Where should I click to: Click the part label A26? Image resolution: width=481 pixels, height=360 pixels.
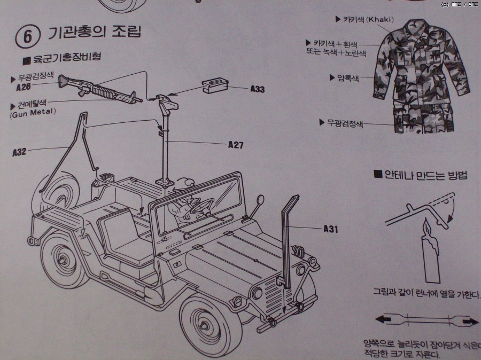[22, 87]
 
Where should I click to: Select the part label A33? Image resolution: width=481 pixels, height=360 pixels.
[257, 89]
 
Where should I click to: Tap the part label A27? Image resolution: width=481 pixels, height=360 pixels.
[236, 144]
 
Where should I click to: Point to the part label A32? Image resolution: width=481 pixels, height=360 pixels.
[20, 152]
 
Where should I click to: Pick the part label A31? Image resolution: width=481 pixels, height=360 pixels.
[331, 229]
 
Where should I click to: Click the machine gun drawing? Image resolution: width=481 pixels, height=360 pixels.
[102, 88]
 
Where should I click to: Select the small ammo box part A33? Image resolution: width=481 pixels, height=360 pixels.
[215, 85]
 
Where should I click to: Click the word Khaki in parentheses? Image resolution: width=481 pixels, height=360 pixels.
[379, 20]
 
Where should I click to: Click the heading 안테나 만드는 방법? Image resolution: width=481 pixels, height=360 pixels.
[425, 175]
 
